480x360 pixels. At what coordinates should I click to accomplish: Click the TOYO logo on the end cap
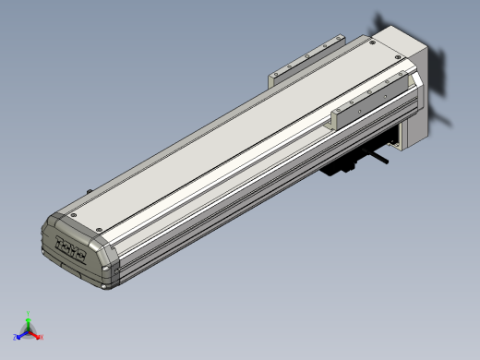click(x=70, y=246)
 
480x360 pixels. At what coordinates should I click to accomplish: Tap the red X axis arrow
click(x=36, y=335)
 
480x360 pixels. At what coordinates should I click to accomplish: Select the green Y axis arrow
click(x=29, y=322)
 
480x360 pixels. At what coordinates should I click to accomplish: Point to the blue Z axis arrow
click(x=20, y=336)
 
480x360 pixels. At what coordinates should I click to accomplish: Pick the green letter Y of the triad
click(x=29, y=314)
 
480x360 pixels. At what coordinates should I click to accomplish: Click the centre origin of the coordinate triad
click(x=29, y=332)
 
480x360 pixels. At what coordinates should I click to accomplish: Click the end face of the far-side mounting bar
click(x=274, y=76)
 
